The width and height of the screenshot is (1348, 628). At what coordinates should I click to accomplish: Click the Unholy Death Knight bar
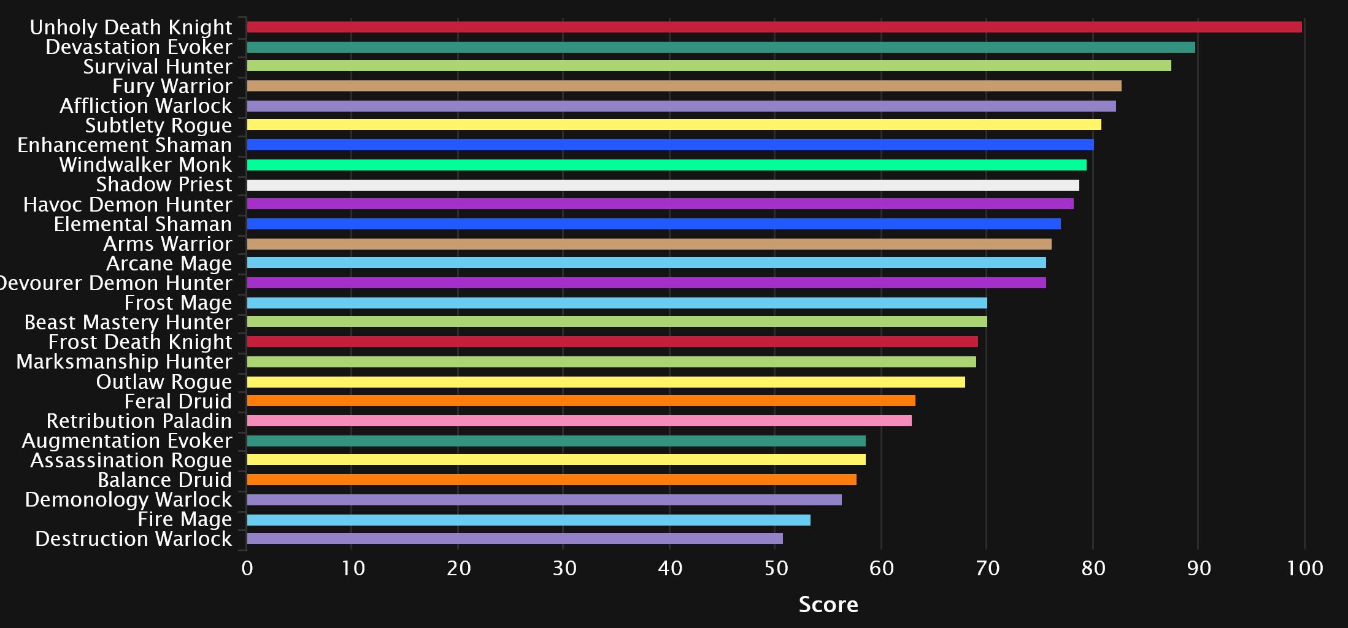pyautogui.click(x=774, y=27)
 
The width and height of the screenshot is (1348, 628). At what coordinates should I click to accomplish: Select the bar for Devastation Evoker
pyautogui.click(x=721, y=47)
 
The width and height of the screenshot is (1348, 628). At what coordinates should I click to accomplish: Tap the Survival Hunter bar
pyautogui.click(x=709, y=66)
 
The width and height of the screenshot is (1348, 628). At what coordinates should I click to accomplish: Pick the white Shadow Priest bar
pyautogui.click(x=663, y=185)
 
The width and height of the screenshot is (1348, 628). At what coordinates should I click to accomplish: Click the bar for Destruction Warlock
pyautogui.click(x=515, y=538)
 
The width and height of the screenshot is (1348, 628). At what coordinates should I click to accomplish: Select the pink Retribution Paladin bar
pyautogui.click(x=579, y=421)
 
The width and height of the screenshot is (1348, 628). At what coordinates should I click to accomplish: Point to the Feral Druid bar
pyautogui.click(x=581, y=400)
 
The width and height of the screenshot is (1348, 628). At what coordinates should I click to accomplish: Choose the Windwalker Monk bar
pyautogui.click(x=666, y=165)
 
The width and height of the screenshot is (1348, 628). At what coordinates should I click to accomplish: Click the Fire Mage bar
pyautogui.click(x=528, y=520)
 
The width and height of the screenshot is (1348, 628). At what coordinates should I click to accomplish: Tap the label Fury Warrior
pyautogui.click(x=172, y=86)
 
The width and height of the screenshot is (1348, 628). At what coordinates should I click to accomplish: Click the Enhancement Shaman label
pyautogui.click(x=125, y=145)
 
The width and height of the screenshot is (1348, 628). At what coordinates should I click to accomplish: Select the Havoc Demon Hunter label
pyautogui.click(x=128, y=204)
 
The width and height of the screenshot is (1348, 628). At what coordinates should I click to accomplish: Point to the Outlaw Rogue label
pyautogui.click(x=164, y=381)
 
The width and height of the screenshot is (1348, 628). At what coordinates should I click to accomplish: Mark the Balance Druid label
pyautogui.click(x=164, y=480)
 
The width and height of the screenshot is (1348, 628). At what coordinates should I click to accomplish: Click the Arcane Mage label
pyautogui.click(x=169, y=263)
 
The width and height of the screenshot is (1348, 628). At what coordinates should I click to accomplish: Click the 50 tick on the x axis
pyautogui.click(x=776, y=569)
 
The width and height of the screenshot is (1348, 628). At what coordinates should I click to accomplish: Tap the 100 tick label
pyautogui.click(x=1304, y=569)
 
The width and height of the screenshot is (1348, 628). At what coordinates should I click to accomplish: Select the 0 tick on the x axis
pyautogui.click(x=247, y=569)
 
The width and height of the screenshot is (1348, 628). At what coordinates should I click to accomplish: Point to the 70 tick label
pyautogui.click(x=987, y=569)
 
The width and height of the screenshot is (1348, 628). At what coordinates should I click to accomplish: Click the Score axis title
pyautogui.click(x=828, y=605)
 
